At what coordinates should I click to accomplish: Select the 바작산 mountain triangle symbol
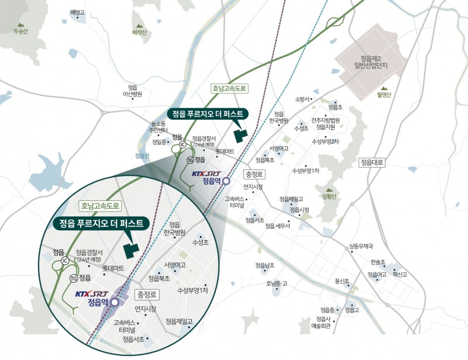pyautogui.click(x=139, y=26)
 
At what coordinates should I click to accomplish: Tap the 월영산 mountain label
pyautogui.click(x=384, y=94)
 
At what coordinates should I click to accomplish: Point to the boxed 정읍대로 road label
pyautogui.click(x=372, y=162)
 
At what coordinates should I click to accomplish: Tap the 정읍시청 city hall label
pyautogui.click(x=298, y=210)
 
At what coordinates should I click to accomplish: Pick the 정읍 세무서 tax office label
pyautogui.click(x=277, y=226)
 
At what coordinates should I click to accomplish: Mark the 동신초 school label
pyautogui.click(x=342, y=281)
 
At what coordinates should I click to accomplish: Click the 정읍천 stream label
pyautogui.click(x=142, y=155)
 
